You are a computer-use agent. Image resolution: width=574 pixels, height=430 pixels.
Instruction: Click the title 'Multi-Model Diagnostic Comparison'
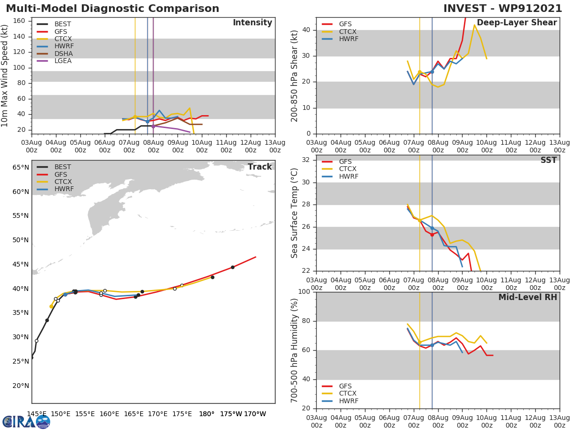point(112,9)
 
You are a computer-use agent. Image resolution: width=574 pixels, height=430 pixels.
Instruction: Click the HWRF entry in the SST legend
point(348,176)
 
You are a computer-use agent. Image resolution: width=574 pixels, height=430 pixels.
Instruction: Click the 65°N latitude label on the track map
point(21,167)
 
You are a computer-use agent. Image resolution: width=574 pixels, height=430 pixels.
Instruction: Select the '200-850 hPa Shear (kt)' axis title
point(295,75)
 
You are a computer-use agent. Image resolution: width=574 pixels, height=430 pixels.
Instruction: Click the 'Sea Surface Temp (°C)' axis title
point(295,213)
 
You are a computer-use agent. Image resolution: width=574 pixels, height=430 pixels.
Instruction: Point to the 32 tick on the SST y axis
point(306,160)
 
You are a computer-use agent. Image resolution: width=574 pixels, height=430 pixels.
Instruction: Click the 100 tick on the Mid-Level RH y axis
point(304,292)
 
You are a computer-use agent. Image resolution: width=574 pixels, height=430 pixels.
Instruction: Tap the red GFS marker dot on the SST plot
point(432,235)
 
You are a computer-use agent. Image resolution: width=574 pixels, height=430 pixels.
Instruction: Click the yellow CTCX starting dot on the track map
point(51,306)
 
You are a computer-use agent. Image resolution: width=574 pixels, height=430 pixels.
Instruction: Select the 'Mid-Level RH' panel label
point(528,297)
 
